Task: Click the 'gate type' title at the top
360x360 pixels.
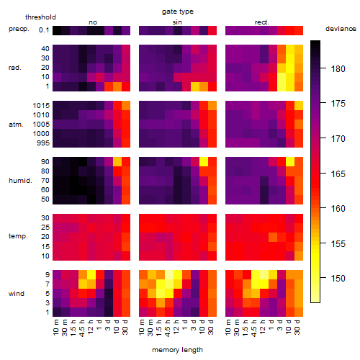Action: click(x=178, y=12)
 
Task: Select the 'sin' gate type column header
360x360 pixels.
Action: click(x=177, y=22)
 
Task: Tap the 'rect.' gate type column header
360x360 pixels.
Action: click(x=262, y=22)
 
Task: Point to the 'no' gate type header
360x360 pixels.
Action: click(x=93, y=22)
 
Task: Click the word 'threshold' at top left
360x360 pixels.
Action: click(x=40, y=17)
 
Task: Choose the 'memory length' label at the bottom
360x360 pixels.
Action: click(x=178, y=350)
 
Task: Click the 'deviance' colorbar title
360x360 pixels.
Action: click(x=341, y=29)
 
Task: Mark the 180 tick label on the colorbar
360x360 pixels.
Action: click(x=338, y=69)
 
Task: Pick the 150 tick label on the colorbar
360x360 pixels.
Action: click(x=338, y=279)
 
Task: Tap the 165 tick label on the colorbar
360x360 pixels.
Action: click(x=338, y=174)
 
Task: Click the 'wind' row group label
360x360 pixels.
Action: click(x=17, y=294)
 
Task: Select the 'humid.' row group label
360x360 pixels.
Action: click(x=20, y=181)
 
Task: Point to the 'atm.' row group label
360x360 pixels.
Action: click(x=16, y=125)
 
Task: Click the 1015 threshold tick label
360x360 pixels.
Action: click(x=41, y=106)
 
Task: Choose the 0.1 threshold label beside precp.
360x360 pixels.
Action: click(x=44, y=30)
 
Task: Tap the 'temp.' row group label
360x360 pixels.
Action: click(x=18, y=236)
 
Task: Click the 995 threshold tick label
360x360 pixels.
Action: click(x=43, y=143)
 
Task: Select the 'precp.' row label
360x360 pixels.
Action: click(x=19, y=29)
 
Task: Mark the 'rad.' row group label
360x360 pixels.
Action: click(x=15, y=68)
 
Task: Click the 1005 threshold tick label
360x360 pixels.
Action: click(x=41, y=125)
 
